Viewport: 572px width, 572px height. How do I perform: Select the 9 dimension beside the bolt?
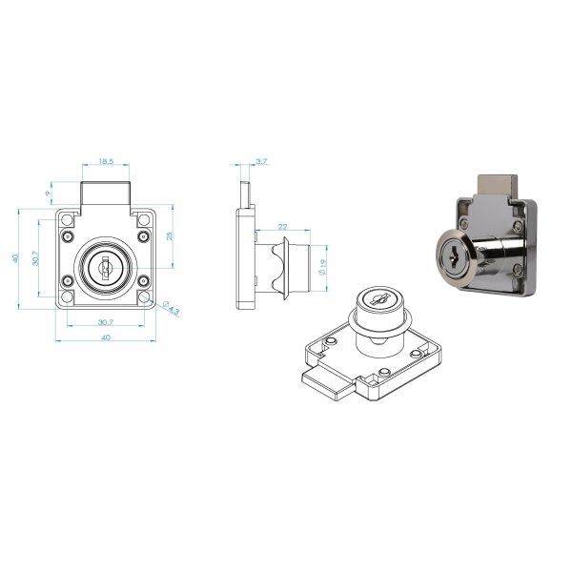click(49, 194)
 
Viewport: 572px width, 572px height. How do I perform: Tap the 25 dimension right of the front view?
click(169, 235)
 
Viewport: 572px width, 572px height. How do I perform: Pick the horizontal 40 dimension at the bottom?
click(105, 337)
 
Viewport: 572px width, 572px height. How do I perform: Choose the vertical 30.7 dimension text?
click(35, 257)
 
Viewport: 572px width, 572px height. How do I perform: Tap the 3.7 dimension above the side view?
click(262, 163)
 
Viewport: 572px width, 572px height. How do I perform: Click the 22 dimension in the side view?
click(283, 225)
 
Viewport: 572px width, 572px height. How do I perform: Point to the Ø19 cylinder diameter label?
click(324, 269)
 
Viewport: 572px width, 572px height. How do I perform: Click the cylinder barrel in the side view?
click(303, 269)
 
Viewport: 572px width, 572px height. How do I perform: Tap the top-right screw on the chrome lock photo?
click(520, 227)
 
